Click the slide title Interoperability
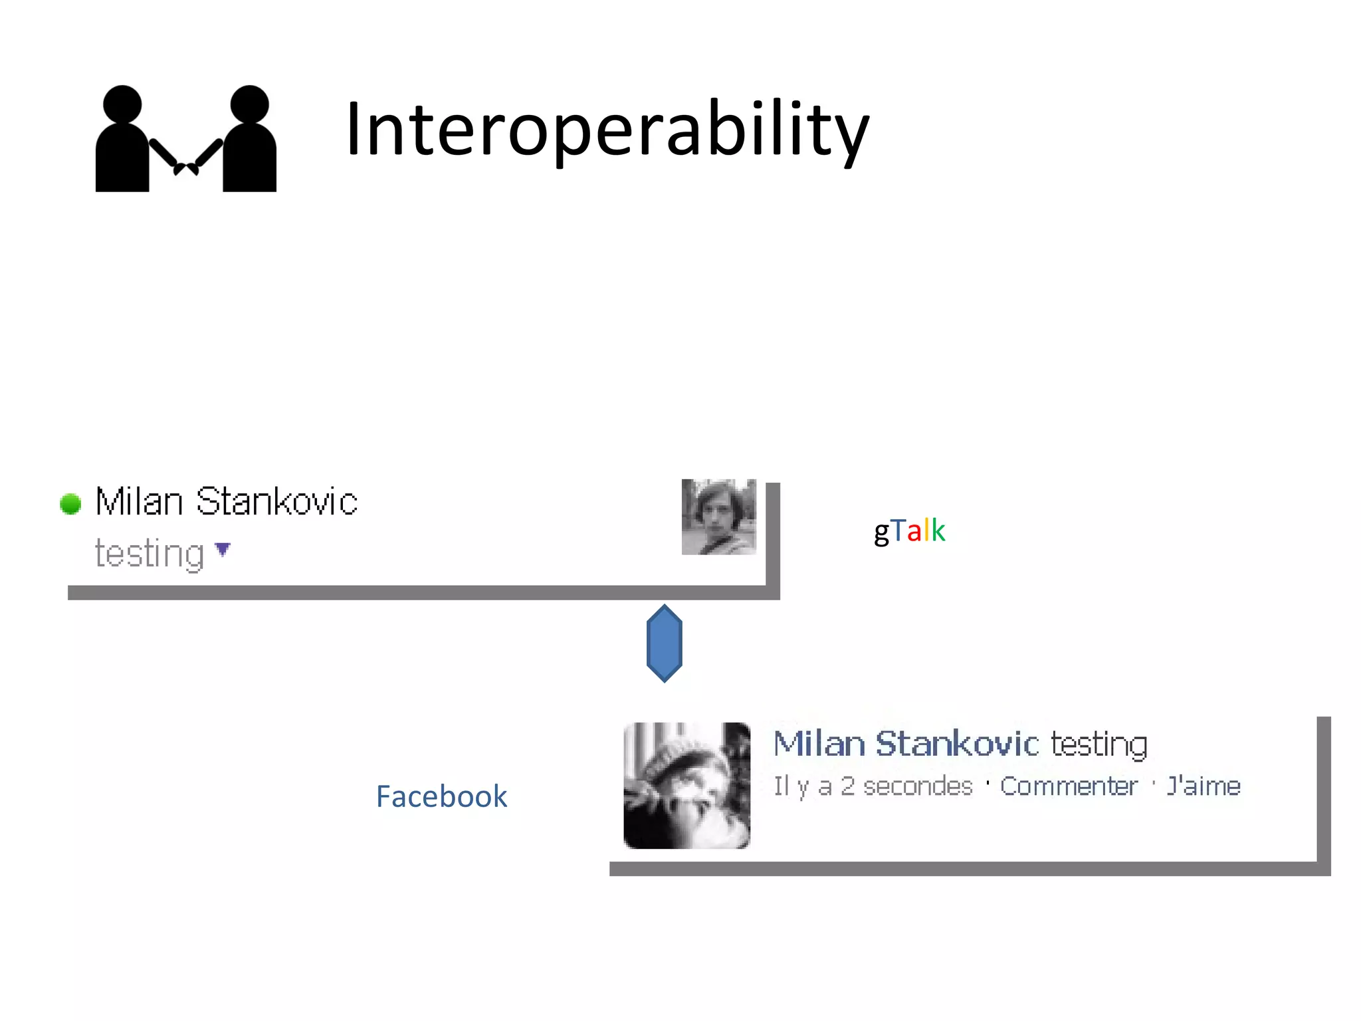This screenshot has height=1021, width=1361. tap(607, 129)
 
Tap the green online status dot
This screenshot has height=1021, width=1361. tap(70, 504)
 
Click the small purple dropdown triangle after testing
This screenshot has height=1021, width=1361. tap(223, 549)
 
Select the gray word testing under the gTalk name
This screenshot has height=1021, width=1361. tap(149, 553)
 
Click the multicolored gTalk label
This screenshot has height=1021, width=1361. tap(909, 531)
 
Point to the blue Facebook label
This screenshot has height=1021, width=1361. tap(441, 796)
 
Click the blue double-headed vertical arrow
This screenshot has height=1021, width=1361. tap(664, 643)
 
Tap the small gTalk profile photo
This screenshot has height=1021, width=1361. tap(718, 517)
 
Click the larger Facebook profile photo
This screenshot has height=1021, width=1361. tap(686, 785)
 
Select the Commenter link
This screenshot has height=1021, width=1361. tap(1069, 786)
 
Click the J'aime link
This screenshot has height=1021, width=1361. tap(1204, 786)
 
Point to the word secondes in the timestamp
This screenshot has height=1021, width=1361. tap(917, 786)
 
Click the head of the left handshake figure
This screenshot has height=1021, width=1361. tap(123, 104)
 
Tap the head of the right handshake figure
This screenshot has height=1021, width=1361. tap(249, 104)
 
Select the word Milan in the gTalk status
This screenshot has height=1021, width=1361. tap(139, 501)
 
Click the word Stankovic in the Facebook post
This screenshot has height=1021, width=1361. tap(957, 743)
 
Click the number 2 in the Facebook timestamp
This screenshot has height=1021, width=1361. tap(847, 786)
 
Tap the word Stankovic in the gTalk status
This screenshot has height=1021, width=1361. tap(276, 501)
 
